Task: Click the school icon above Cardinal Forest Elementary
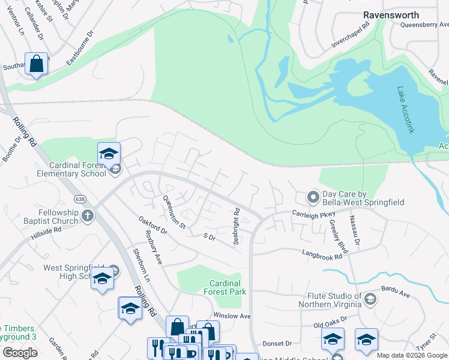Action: (109, 154)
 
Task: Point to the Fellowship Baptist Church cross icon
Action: (88, 215)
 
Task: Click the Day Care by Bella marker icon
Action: (312, 196)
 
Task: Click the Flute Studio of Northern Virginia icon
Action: (370, 299)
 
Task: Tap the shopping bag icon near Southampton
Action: (36, 63)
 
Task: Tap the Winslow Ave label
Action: (232, 316)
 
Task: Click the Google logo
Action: (20, 353)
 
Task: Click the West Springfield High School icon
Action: (102, 279)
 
